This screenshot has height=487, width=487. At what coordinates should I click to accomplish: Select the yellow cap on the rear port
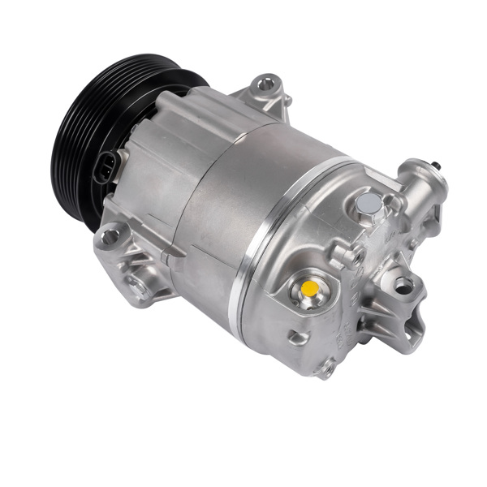(309, 289)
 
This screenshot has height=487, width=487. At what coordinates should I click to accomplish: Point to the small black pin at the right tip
(439, 166)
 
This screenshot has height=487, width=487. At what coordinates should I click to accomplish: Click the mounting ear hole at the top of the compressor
(265, 84)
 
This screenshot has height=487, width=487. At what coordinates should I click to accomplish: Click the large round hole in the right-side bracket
(402, 285)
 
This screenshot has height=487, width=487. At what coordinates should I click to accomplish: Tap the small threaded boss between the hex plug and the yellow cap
(356, 256)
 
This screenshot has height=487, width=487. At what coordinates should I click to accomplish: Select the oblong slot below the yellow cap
(298, 337)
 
